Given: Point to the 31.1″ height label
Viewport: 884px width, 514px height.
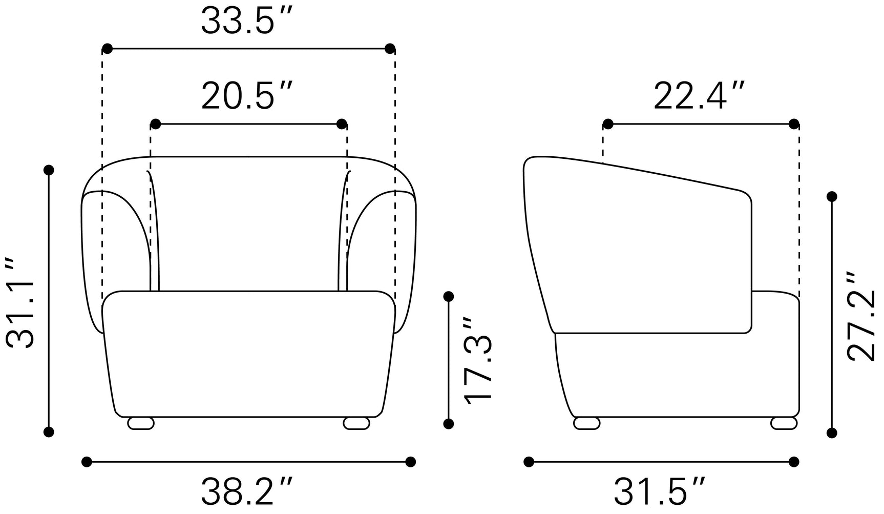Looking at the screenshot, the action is [20, 303].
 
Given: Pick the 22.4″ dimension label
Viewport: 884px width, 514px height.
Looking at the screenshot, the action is [699, 96].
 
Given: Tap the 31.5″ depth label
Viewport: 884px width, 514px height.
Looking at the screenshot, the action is [660, 491].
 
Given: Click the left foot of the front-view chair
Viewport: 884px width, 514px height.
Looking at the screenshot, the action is [141, 423].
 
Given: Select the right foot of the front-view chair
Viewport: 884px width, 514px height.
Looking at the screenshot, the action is [356, 423].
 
